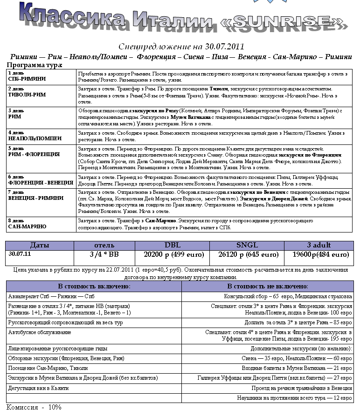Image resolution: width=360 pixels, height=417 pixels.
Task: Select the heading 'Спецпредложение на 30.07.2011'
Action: coord(181,47)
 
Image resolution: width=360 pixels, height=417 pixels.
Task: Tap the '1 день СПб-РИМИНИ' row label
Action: coord(28,76)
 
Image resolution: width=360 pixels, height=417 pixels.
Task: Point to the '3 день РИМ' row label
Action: coord(19,114)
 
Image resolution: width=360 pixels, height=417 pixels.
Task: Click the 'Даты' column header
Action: coord(40,245)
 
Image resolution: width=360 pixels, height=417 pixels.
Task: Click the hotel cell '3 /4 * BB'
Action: coord(104,254)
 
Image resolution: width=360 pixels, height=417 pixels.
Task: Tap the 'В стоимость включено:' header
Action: coord(94,286)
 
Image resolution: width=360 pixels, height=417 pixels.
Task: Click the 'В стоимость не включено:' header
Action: coord(267,286)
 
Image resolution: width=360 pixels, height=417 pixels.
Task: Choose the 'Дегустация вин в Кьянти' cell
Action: coord(39,388)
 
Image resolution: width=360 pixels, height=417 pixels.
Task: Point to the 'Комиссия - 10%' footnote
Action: coord(34,407)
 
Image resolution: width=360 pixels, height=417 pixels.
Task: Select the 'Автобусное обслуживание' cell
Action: coord(40,333)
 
